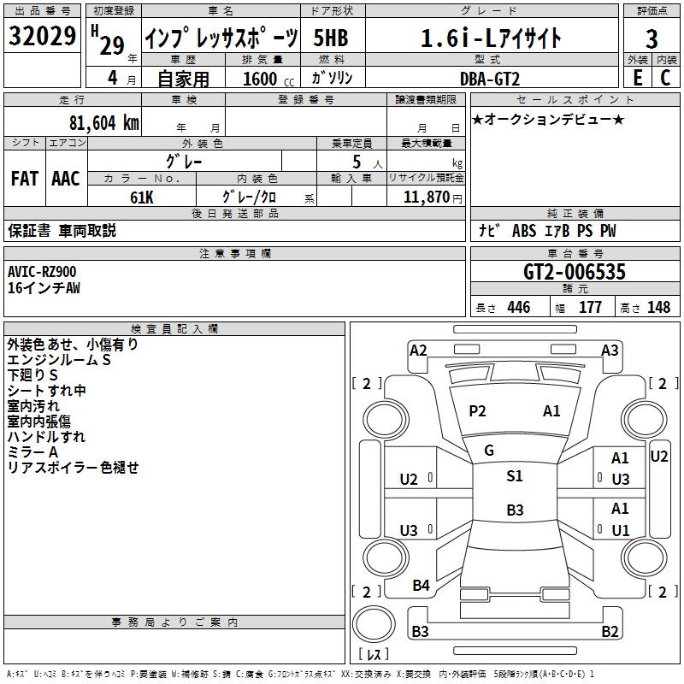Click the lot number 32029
[x=42, y=35]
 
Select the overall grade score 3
[x=652, y=38]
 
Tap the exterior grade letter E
[x=637, y=78]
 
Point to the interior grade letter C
[x=665, y=78]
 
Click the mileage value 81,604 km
[x=104, y=123]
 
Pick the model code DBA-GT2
[x=490, y=79]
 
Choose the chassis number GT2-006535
[x=574, y=272]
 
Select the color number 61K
[x=142, y=198]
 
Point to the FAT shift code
[x=25, y=179]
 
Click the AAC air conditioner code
[x=66, y=179]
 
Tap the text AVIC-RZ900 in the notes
[x=42, y=272]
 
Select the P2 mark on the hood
[x=477, y=411]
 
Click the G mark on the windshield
[x=489, y=451]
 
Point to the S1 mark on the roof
[x=515, y=476]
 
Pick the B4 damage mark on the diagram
[x=421, y=586]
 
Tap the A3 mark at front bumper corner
[x=610, y=351]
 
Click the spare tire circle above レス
[x=374, y=623]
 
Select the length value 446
[x=519, y=308]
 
